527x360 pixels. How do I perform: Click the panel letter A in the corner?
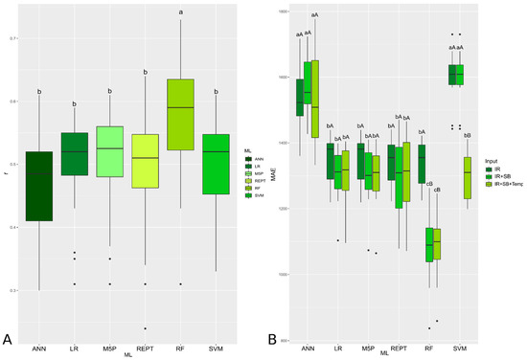[x=8, y=338]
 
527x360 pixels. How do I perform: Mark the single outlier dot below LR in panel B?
[x=337, y=240]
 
